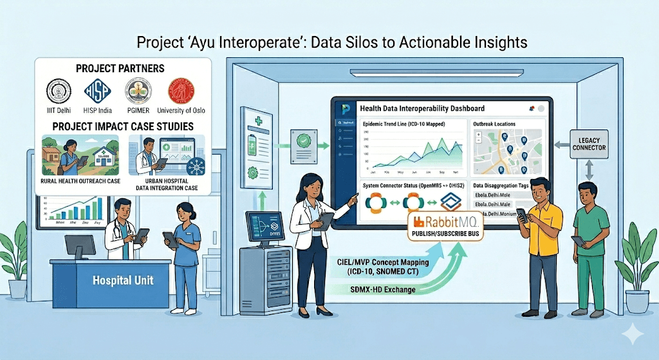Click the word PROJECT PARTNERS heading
(x=120, y=68)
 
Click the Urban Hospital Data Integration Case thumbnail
(x=167, y=156)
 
